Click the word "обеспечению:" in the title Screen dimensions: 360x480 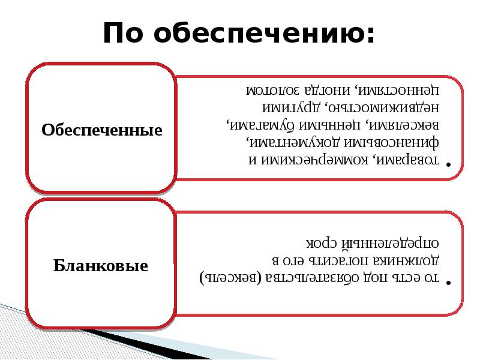(x=264, y=34)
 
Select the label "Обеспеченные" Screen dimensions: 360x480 (x=102, y=130)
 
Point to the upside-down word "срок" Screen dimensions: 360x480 (x=322, y=244)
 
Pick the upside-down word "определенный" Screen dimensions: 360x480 (x=390, y=244)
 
